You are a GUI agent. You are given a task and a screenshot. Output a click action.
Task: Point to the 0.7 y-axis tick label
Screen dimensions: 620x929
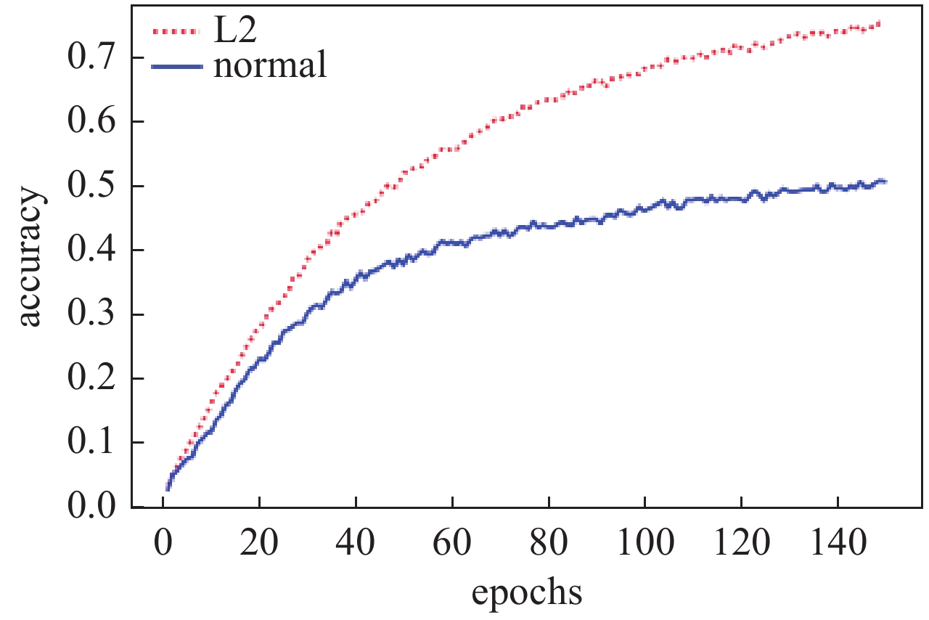(91, 57)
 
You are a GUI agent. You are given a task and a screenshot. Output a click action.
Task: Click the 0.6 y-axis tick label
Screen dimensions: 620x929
(91, 122)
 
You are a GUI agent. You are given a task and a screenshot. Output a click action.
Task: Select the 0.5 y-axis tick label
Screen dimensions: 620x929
(91, 186)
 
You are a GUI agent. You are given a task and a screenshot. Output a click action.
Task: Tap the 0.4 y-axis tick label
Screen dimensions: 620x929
(91, 250)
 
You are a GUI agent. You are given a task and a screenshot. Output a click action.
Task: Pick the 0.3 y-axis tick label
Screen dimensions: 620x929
(91, 314)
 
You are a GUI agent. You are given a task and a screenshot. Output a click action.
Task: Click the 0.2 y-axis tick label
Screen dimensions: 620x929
(91, 379)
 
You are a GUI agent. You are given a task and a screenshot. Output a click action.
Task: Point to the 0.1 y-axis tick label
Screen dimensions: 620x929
(91, 443)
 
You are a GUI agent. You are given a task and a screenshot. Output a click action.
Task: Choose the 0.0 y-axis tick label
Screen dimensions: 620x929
(91, 507)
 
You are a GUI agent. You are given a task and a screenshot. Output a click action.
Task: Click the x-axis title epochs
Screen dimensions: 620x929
(527, 592)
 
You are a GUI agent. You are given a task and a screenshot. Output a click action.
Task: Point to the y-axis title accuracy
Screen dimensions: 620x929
(30, 259)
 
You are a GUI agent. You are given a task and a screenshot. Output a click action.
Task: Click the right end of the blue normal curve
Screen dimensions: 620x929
(885, 181)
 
